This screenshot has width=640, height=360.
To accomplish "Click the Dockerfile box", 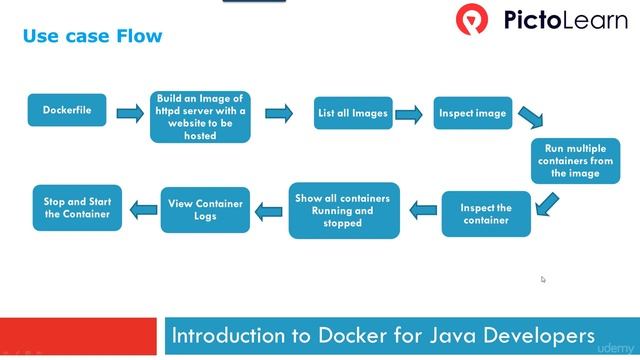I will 67,110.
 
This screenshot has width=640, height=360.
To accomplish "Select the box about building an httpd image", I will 200,116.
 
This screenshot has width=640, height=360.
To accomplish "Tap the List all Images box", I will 352,113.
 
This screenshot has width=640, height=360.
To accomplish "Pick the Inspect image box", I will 472,113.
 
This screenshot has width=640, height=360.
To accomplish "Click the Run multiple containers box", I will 575,160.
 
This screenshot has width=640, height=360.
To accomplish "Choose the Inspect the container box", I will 486,214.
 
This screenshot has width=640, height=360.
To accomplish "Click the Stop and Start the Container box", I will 78,207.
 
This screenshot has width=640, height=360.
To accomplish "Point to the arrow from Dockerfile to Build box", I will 130,113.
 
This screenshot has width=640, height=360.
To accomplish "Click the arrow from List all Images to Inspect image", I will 408,114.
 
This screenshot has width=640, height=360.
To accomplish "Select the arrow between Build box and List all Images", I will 279,113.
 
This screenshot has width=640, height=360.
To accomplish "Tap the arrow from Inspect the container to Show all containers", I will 424,210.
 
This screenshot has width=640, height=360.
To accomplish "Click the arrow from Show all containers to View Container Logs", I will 270,210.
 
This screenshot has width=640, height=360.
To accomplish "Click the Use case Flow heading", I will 92,37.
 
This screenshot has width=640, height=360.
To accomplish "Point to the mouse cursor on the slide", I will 543,279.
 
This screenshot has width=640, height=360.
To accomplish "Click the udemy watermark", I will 616,349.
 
